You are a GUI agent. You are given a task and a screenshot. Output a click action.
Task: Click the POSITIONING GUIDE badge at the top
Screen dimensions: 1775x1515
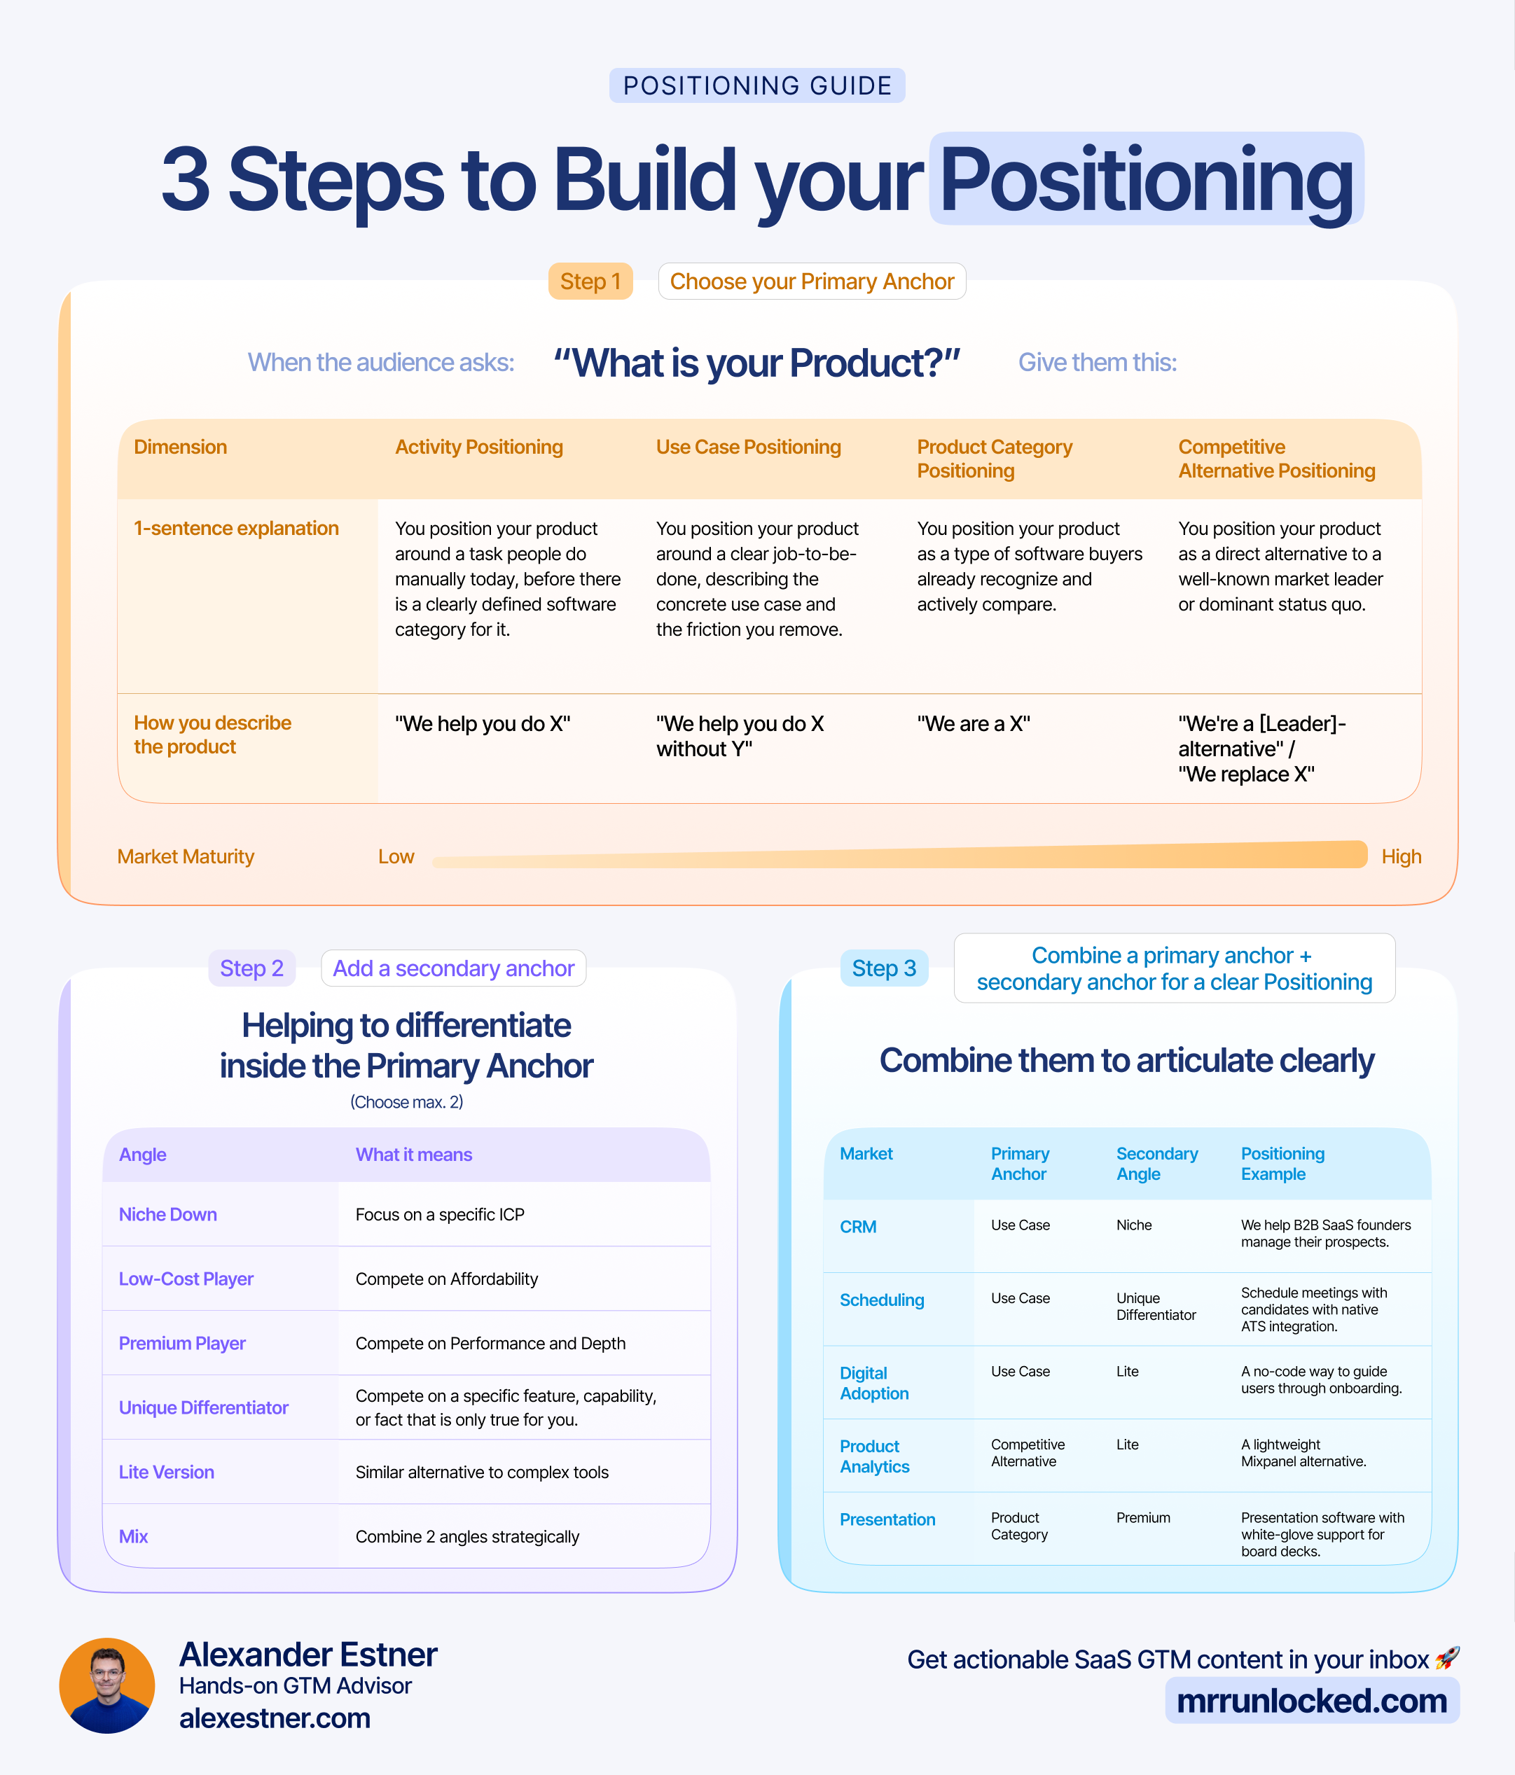click(x=756, y=85)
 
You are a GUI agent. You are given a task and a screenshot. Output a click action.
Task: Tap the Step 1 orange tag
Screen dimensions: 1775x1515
click(x=590, y=281)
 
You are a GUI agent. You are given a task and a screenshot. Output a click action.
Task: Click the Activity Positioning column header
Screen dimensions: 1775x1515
click(x=478, y=447)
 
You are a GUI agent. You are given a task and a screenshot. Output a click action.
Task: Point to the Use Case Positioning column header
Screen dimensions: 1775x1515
click(x=748, y=447)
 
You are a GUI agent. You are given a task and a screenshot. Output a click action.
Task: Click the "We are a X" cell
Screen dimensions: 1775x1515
click(x=974, y=724)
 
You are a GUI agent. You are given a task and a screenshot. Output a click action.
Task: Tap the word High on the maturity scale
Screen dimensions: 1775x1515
click(x=1401, y=856)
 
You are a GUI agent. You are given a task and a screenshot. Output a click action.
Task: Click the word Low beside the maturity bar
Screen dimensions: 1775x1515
click(x=396, y=856)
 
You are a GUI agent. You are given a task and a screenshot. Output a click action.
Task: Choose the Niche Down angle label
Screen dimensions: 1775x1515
click(x=168, y=1215)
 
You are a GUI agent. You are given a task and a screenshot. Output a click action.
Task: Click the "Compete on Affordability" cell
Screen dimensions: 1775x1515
click(x=446, y=1279)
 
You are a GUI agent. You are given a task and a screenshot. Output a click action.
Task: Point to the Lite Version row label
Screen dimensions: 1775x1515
click(x=166, y=1472)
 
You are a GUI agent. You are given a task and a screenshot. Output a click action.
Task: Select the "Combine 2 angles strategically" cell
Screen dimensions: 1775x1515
click(x=467, y=1537)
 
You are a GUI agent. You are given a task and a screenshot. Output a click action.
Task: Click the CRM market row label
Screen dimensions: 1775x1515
click(x=858, y=1227)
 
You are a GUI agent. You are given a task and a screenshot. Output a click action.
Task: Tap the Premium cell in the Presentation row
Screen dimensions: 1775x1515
click(x=1143, y=1518)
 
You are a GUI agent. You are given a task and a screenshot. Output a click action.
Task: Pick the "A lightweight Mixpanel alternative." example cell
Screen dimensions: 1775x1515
click(x=1303, y=1453)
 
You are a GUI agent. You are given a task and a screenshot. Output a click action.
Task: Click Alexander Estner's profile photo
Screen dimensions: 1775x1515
click(x=107, y=1685)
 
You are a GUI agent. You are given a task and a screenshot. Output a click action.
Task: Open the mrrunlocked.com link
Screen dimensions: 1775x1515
click(x=1312, y=1701)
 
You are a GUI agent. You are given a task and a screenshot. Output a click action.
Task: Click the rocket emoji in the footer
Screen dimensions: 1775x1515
click(x=1447, y=1659)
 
